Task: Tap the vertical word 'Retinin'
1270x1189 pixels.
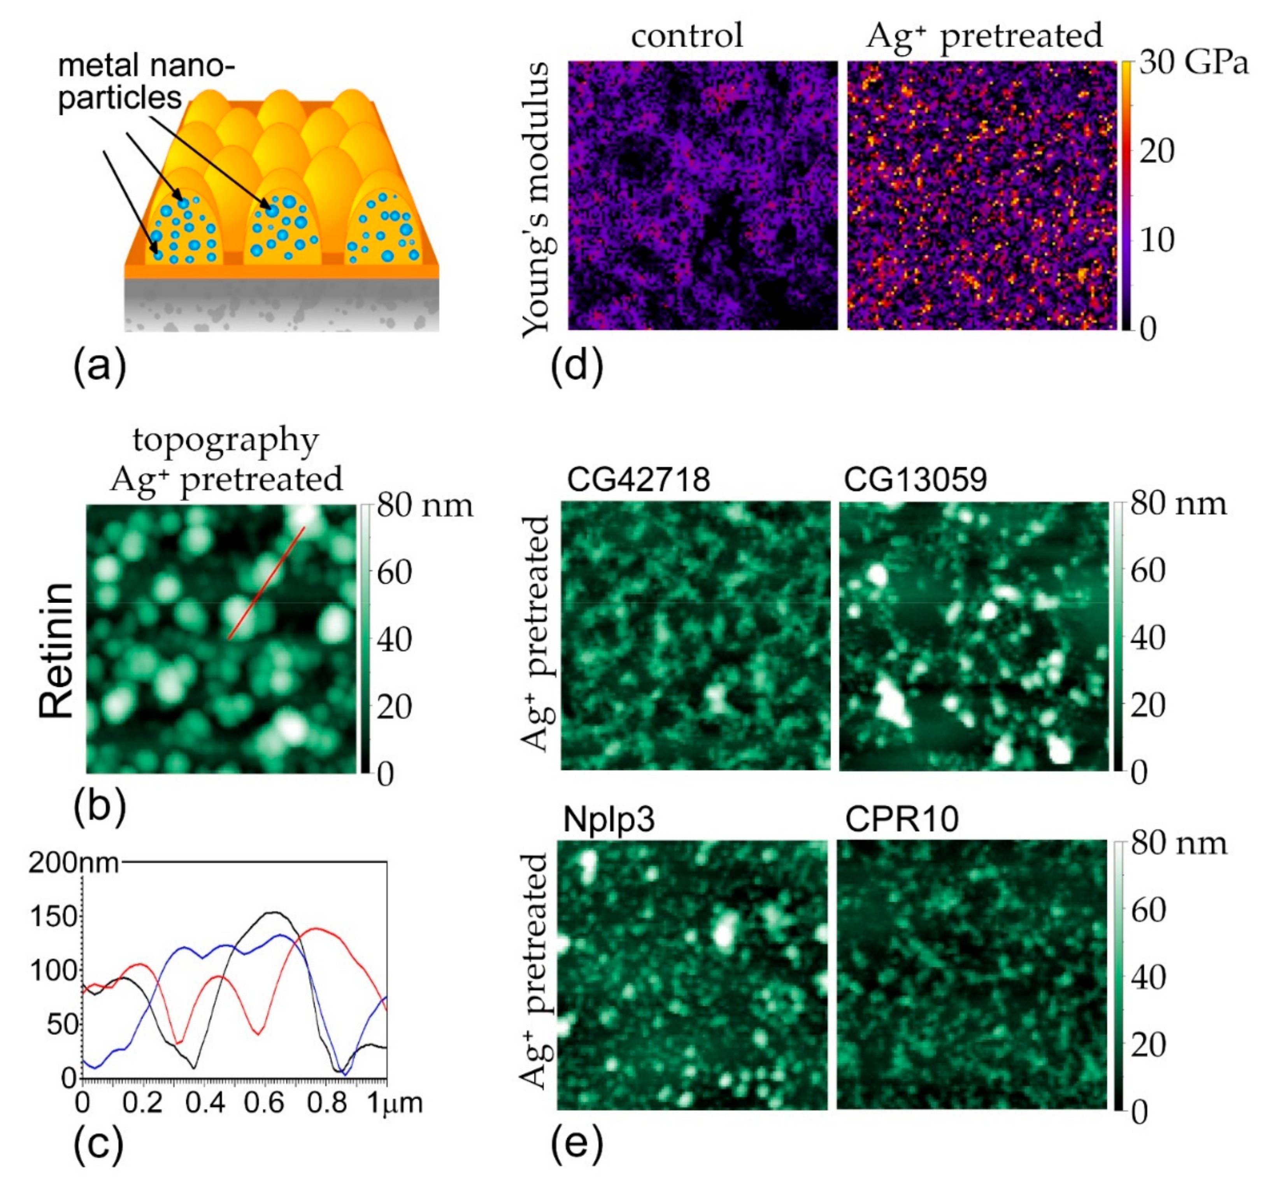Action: [x=56, y=650]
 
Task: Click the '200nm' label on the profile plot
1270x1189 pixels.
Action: [x=74, y=863]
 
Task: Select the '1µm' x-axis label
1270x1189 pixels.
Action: [x=394, y=1103]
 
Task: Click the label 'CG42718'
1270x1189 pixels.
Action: [x=638, y=479]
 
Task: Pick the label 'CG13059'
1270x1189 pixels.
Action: [x=915, y=479]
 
